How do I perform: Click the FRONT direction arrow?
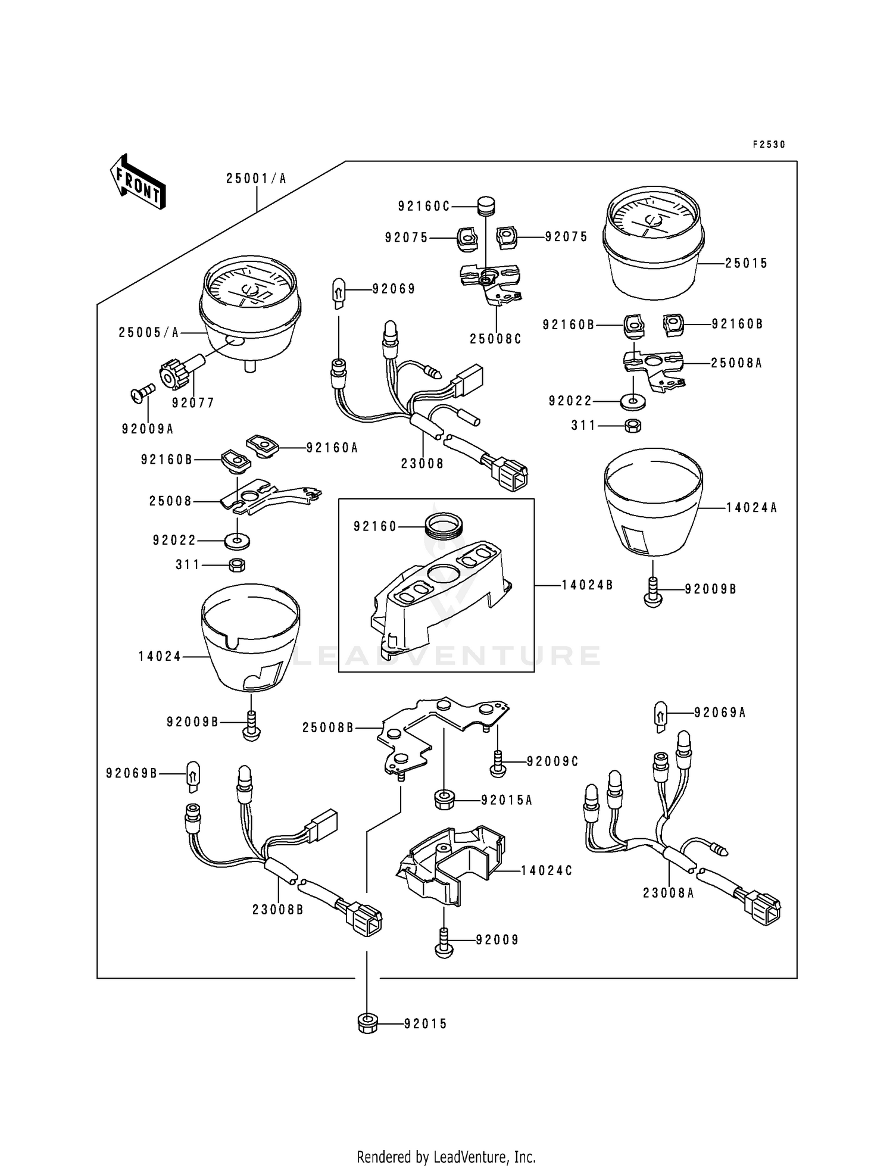(138, 181)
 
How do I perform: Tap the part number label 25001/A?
(256, 178)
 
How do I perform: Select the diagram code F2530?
(769, 144)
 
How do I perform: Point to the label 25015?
(746, 263)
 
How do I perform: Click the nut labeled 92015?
(368, 1024)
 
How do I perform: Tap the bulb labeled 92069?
(338, 293)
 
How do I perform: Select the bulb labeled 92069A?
(661, 716)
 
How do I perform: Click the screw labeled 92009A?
(142, 393)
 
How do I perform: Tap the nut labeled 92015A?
(442, 800)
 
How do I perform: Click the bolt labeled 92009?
(444, 942)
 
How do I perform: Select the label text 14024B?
(587, 585)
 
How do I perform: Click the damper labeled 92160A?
(263, 445)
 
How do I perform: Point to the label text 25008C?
(495, 339)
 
